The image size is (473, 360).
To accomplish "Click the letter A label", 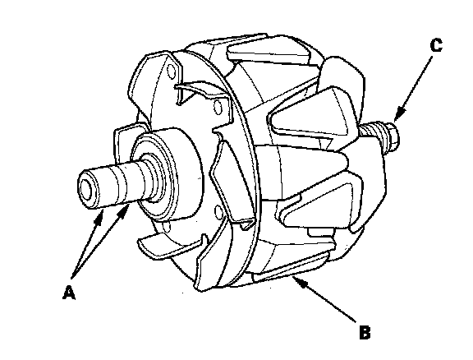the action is pos(69,292).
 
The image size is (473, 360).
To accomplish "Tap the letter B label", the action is pos(365,332).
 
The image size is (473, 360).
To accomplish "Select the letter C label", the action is pos(436,45).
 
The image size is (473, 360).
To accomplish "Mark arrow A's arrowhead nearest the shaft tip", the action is pos(99,217).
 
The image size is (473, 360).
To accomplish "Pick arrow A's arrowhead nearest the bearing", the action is pos(124,210).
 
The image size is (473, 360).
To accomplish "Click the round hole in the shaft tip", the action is pos(87,192).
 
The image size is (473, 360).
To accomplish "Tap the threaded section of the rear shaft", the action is pos(372,132).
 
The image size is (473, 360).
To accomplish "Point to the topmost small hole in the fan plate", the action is pos(171,72).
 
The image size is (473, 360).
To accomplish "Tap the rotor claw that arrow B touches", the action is pos(291,265).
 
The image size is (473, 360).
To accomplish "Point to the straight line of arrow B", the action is pos(327,301).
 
